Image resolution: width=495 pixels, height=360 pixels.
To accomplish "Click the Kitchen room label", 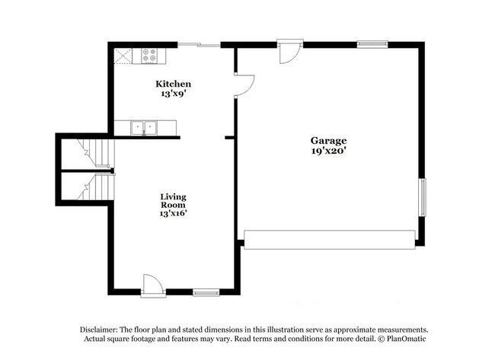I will tap(173, 84).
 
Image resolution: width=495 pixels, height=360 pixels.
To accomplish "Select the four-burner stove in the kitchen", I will tap(149, 56).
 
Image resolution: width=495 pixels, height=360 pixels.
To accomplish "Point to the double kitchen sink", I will tap(143, 127).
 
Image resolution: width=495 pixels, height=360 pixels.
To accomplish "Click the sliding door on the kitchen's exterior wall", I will tap(199, 46).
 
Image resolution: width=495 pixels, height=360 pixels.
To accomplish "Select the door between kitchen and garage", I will tap(244, 85).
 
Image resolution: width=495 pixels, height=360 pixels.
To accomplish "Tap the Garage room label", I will tap(328, 141).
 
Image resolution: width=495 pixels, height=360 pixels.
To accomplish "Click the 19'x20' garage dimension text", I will tap(328, 151).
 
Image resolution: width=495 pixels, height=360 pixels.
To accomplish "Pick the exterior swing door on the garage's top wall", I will tap(290, 51).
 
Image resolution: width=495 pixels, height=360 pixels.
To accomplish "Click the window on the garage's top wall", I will tap(372, 44).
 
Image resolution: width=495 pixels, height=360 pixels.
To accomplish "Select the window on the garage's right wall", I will tap(423, 198).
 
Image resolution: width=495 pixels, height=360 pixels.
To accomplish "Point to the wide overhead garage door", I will tap(329, 241).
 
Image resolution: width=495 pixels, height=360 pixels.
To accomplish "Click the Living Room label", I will tap(173, 200).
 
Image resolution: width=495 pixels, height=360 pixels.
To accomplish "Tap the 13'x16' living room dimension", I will tap(173, 214).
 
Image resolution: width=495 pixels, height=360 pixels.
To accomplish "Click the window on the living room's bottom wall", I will tap(206, 292).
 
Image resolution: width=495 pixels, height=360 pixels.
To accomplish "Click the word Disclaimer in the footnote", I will tap(101, 329).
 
